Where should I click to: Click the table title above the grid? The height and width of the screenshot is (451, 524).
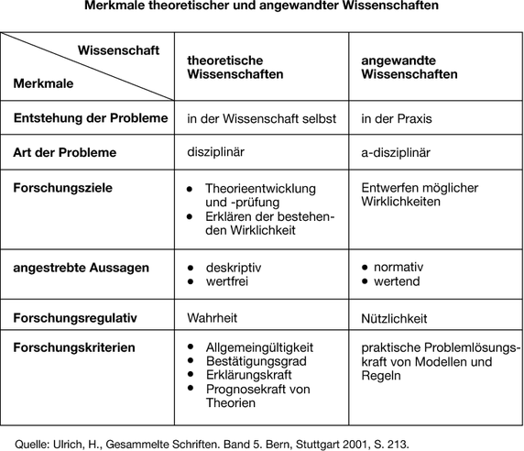pos(262,7)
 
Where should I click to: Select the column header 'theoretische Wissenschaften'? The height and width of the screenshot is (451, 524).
pos(235,66)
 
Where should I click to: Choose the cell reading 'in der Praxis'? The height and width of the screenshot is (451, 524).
pos(396,118)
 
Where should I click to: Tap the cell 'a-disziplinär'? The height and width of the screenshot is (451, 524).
pos(396,152)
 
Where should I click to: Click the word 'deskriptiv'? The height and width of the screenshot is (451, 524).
pos(235,268)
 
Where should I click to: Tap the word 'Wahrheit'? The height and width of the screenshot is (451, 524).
pos(213,318)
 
